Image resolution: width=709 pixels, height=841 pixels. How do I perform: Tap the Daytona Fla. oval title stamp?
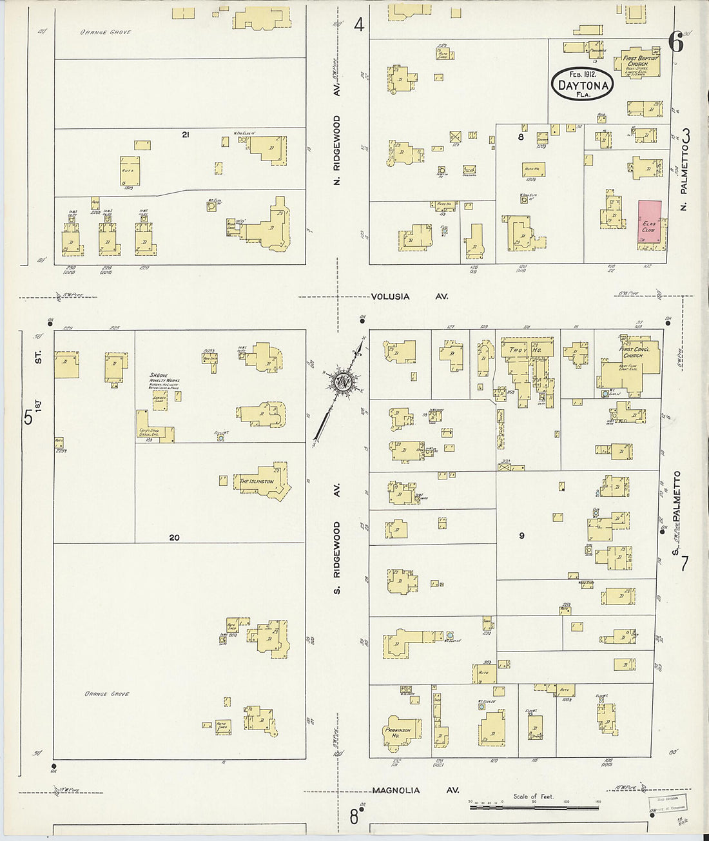[583, 84]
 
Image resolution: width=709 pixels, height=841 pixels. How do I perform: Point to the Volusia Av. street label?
[409, 296]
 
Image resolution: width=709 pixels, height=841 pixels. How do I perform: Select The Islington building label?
[257, 481]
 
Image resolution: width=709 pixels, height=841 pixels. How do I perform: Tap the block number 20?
[174, 537]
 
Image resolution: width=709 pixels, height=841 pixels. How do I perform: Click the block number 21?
[185, 135]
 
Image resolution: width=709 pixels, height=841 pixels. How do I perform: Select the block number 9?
[521, 535]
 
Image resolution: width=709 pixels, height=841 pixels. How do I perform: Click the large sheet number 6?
[675, 42]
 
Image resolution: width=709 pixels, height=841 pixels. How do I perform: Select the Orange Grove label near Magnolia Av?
[107, 694]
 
